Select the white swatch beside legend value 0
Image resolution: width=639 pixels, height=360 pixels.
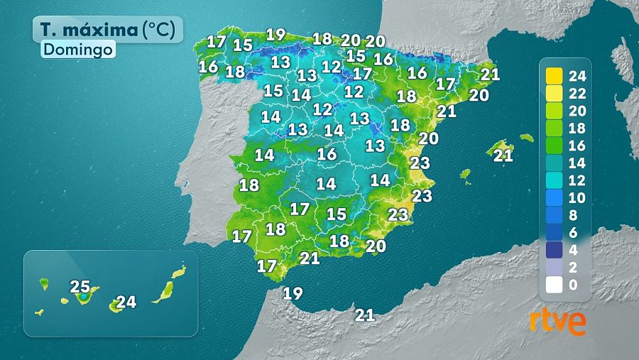pyautogui.click(x=555, y=285)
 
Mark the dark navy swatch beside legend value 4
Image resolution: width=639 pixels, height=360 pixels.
pyautogui.click(x=555, y=251)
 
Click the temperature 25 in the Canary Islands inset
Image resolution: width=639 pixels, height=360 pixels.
pyautogui.click(x=80, y=287)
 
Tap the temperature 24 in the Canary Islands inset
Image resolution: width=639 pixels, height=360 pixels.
pyautogui.click(x=126, y=302)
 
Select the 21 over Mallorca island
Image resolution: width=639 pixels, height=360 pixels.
pyautogui.click(x=503, y=156)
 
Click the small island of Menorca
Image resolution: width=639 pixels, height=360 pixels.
pyautogui.click(x=526, y=138)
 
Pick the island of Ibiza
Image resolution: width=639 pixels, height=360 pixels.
pyautogui.click(x=466, y=174)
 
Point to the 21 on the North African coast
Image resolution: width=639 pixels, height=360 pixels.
pyautogui.click(x=365, y=314)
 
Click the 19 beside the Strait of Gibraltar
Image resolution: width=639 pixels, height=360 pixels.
pyautogui.click(x=293, y=292)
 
